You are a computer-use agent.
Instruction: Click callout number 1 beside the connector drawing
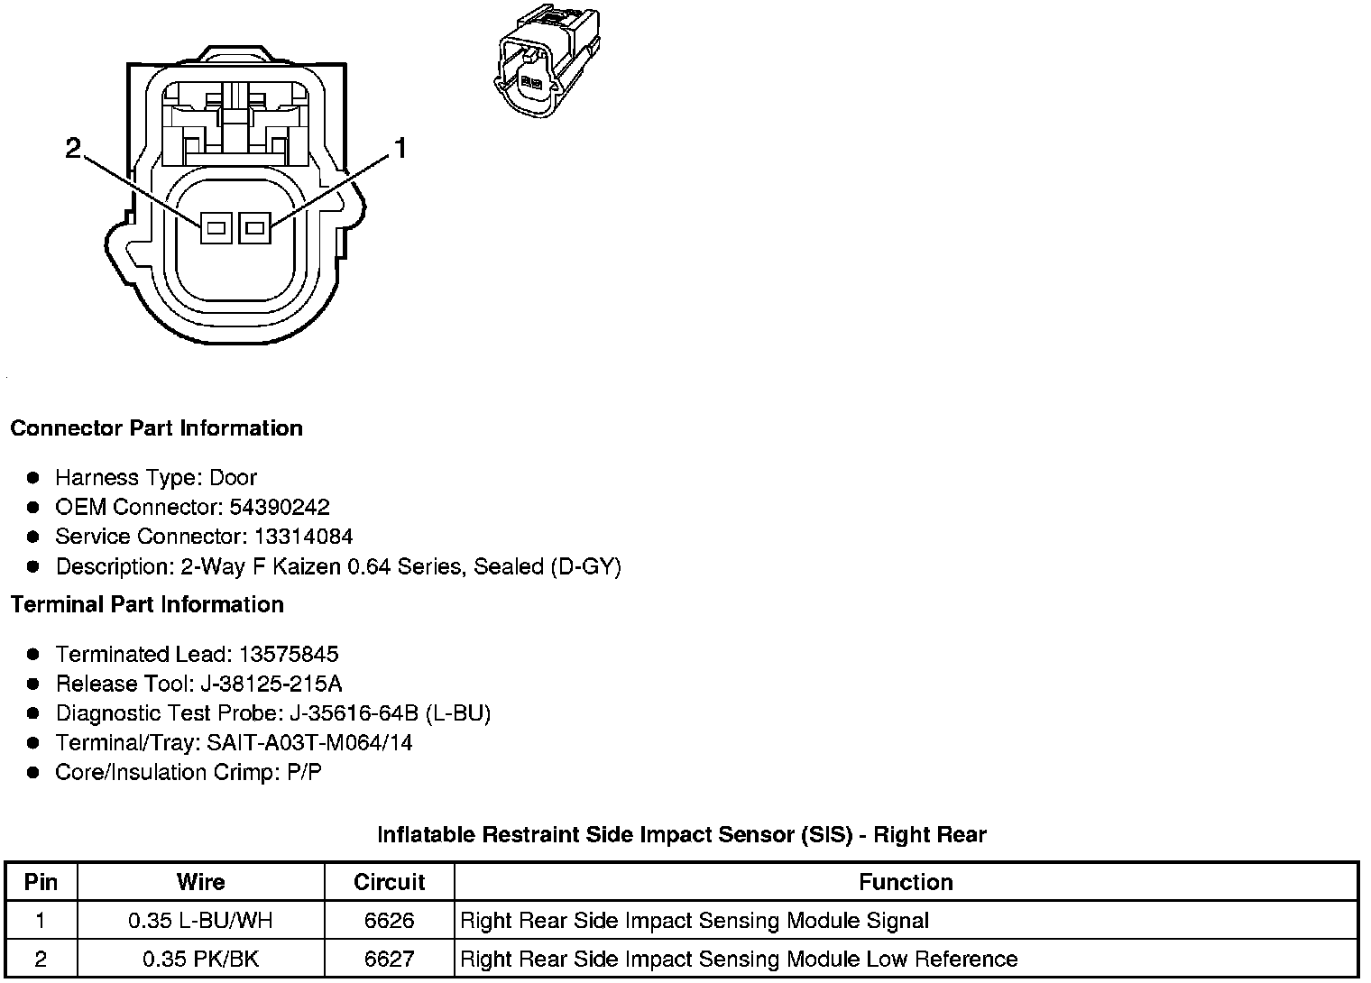(400, 148)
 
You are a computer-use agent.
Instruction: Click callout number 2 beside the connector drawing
(74, 148)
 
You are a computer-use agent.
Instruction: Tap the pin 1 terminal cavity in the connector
(254, 228)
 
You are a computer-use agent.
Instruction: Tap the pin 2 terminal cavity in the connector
(216, 228)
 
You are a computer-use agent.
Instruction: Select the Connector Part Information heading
(156, 428)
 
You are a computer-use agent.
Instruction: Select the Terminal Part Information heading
(147, 604)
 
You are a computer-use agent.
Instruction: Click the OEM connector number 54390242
(280, 507)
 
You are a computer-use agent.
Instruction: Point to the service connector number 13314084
(303, 537)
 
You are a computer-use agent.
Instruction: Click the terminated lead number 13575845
(289, 654)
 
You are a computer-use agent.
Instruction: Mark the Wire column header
(200, 882)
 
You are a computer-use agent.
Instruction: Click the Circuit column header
(389, 882)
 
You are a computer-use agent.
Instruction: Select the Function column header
(906, 882)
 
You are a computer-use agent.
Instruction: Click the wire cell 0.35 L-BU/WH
(200, 921)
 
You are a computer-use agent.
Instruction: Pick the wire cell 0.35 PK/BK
(200, 959)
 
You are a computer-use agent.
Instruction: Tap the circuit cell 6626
(389, 921)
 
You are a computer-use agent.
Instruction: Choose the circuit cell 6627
(389, 959)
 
